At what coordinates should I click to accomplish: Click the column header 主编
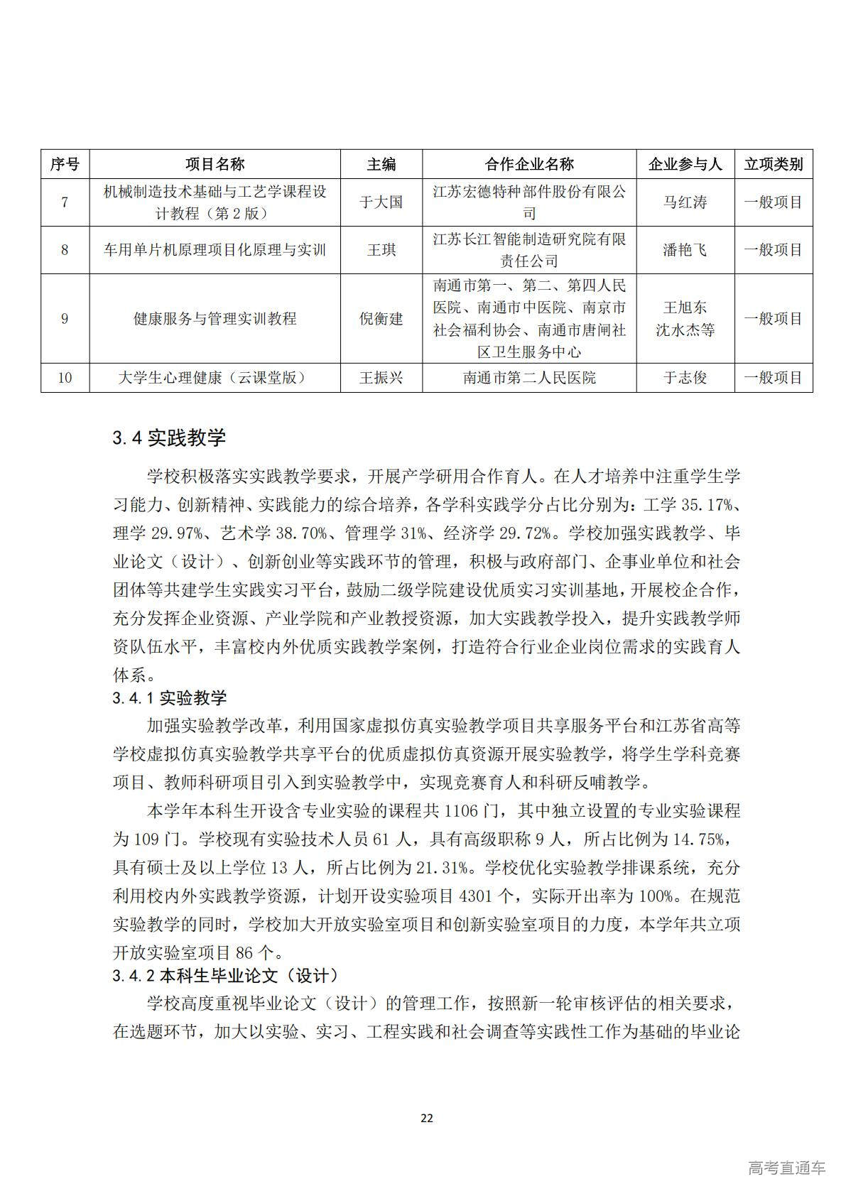[x=381, y=164]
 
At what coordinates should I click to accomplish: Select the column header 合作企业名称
[x=529, y=164]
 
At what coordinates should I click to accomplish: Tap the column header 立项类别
[x=774, y=164]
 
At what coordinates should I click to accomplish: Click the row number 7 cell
[x=65, y=202]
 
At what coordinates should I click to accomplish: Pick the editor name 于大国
[x=381, y=202]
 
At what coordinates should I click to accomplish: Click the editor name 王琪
[x=381, y=250]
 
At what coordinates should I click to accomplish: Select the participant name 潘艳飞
[x=685, y=250]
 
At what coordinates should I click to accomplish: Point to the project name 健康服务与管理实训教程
[x=215, y=319]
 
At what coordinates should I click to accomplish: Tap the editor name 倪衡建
[x=381, y=319]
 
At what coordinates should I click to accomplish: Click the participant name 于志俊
[x=685, y=378]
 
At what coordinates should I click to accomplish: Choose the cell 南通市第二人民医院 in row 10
[x=529, y=378]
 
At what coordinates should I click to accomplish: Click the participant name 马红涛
[x=685, y=202]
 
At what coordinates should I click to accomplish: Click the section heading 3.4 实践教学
[x=169, y=437]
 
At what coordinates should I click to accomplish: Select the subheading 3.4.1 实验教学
[x=170, y=698]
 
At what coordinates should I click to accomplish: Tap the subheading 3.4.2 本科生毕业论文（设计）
[x=225, y=976]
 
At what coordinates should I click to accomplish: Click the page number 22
[x=426, y=1118]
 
